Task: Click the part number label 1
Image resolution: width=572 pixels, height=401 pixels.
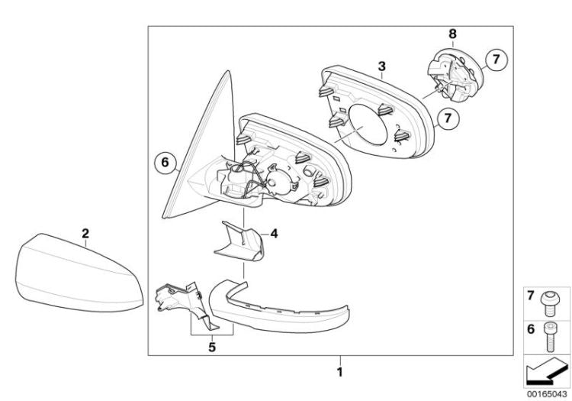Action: [x=339, y=372]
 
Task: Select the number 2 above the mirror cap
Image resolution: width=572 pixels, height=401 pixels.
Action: [x=85, y=233]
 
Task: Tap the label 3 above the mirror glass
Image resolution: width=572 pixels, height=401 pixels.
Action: [x=381, y=66]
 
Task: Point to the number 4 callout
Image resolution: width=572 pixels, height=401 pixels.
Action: [x=274, y=234]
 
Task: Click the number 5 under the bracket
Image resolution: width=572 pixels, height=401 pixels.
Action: [x=212, y=347]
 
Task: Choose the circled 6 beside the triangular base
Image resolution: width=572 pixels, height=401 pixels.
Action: [x=165, y=162]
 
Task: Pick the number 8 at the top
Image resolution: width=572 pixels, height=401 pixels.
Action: [x=452, y=34]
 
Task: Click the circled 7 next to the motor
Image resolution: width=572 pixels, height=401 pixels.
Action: [x=496, y=59]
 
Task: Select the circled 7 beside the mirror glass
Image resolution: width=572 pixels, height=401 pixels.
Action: [x=448, y=118]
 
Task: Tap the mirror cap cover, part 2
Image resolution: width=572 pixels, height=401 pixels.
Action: [x=79, y=274]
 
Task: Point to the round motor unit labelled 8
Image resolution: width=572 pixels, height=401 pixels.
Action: [x=455, y=74]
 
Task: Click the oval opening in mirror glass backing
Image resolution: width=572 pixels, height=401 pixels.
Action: [x=368, y=125]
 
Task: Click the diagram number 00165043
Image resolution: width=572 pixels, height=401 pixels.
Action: [x=547, y=394]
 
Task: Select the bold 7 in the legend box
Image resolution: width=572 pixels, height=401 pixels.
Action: [x=531, y=295]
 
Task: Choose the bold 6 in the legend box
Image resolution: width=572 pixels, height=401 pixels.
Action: [x=531, y=330]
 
